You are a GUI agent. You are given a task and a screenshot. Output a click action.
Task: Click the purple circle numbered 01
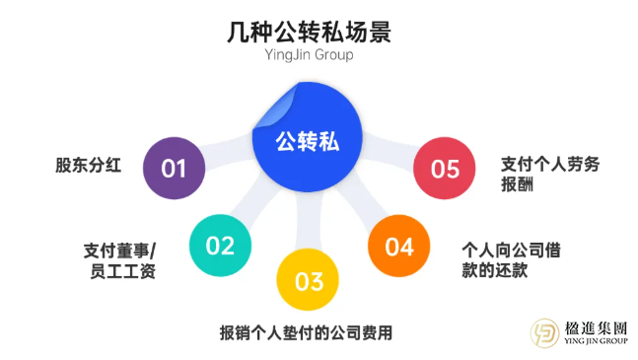point(175,168)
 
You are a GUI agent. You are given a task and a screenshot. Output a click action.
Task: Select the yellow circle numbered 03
point(308,281)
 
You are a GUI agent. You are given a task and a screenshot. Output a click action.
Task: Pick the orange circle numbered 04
point(398,246)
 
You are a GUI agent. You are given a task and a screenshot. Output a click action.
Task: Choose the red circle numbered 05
point(445,169)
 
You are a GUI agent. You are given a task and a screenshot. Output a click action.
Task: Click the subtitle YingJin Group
point(309,56)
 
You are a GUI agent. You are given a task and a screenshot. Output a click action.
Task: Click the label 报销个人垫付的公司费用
point(306,332)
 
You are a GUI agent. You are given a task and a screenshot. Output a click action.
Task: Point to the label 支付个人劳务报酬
point(542,175)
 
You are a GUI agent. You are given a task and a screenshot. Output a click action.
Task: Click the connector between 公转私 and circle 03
point(308,222)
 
